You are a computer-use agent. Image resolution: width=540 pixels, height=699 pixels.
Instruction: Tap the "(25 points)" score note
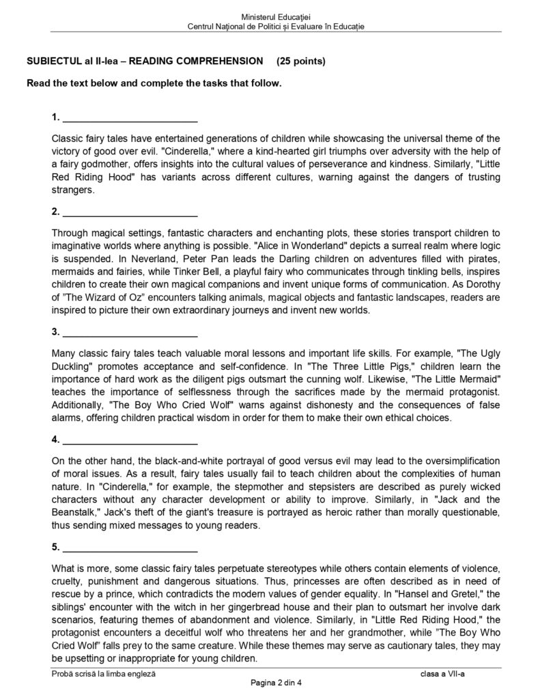(x=301, y=61)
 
